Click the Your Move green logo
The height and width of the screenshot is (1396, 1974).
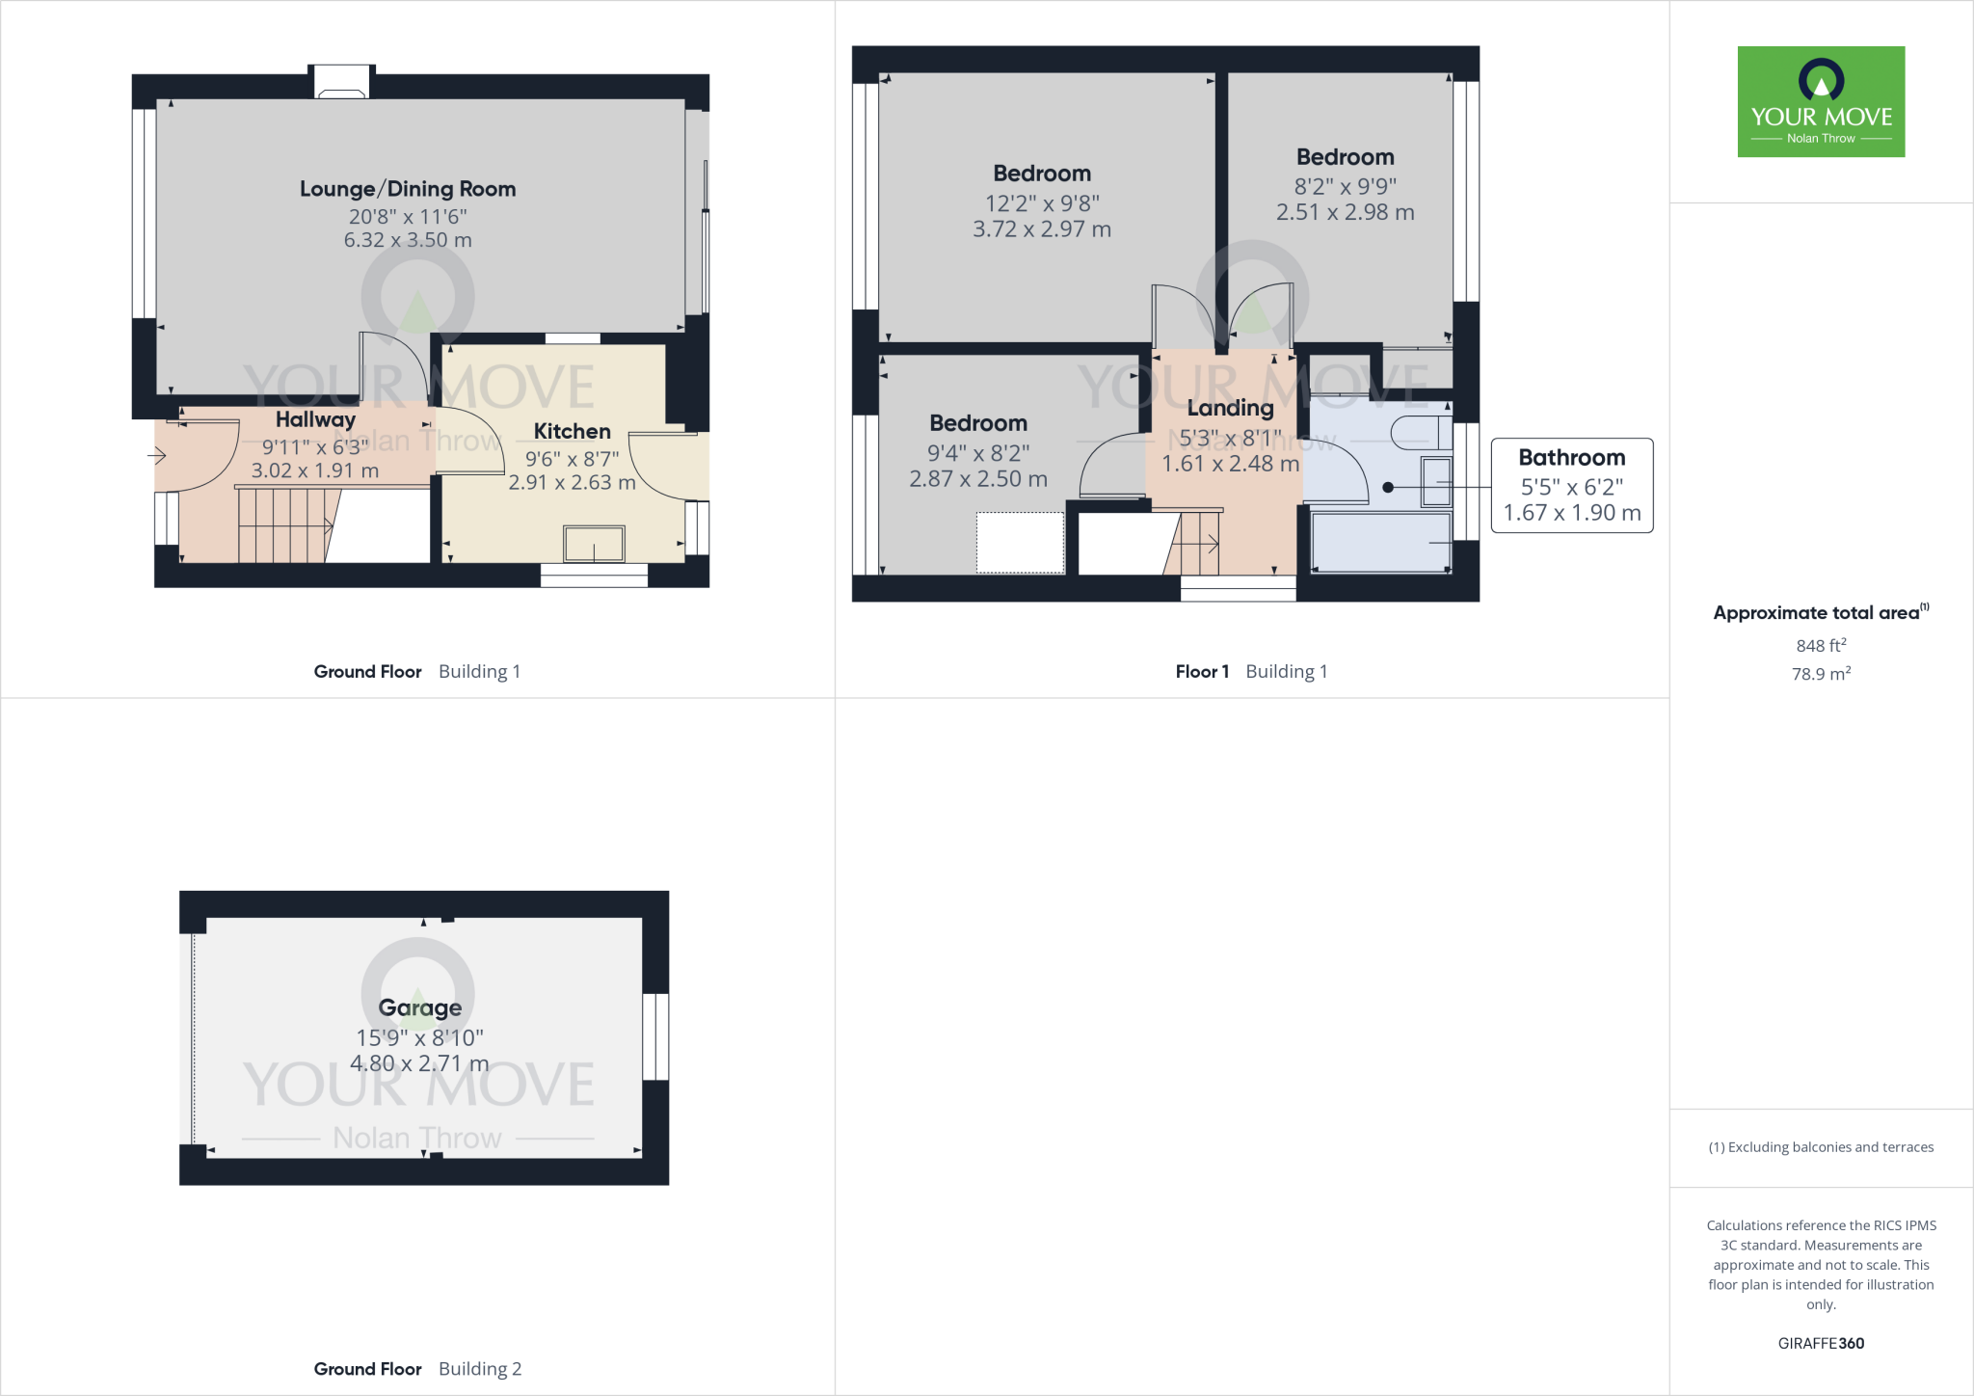[x=1821, y=101]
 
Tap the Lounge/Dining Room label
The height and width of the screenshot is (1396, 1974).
[x=408, y=189]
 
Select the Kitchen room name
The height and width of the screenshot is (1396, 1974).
[x=572, y=431]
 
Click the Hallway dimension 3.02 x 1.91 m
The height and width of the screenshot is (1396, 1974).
[x=315, y=470]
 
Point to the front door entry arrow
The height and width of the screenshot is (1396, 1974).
[x=157, y=455]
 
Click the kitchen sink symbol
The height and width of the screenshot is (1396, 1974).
[x=594, y=544]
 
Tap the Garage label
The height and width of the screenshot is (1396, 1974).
[x=419, y=1007]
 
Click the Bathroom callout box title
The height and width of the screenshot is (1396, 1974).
[x=1571, y=457]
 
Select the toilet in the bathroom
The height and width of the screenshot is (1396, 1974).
[x=1421, y=433]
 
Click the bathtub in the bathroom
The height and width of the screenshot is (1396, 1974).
[x=1380, y=543]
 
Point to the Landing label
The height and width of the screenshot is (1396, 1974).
[x=1230, y=408]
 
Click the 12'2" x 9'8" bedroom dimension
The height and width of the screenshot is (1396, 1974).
[x=1042, y=203]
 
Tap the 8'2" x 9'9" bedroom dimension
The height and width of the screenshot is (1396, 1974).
[x=1345, y=186]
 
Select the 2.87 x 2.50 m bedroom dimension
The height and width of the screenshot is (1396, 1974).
[x=978, y=479]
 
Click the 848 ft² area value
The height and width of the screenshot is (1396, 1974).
[x=1821, y=645]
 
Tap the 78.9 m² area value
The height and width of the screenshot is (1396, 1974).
[x=1821, y=674]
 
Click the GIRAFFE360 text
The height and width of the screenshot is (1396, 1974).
[x=1821, y=1343]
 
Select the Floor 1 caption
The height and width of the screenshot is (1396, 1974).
[x=1202, y=671]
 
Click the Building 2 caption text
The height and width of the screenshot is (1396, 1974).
[x=480, y=1369]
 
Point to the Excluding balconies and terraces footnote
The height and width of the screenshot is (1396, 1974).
[x=1821, y=1147]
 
